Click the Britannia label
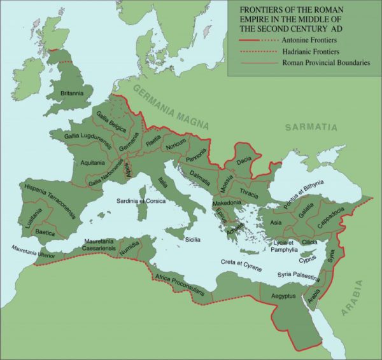tap(72, 93)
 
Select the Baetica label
tap(45, 233)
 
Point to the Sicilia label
tap(193, 239)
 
